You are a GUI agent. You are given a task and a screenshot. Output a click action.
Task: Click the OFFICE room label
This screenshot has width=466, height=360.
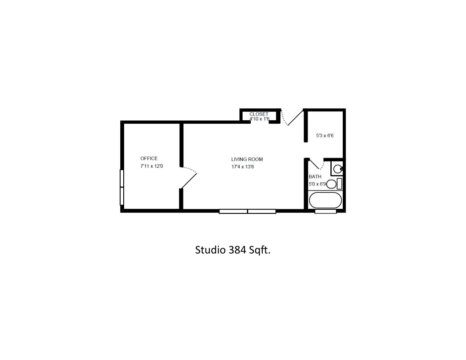[x=149, y=159]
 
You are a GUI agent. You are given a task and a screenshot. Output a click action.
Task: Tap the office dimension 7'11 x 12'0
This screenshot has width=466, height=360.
[x=152, y=166]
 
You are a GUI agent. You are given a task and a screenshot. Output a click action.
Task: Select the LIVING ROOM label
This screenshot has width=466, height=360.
[x=247, y=160]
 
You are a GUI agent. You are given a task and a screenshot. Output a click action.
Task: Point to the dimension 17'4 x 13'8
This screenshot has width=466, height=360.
[x=242, y=167]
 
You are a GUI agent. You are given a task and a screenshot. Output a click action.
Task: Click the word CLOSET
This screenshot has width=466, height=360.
[x=259, y=114]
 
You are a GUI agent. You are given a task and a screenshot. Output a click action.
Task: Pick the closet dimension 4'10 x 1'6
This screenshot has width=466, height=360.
[x=259, y=119]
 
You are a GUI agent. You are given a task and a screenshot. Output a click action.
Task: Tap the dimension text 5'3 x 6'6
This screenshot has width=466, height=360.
[x=325, y=136]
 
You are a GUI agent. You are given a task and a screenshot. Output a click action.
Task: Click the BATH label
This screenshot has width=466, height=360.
[x=315, y=177]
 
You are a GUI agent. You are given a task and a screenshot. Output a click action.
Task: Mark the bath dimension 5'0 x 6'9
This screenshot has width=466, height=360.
[x=317, y=184]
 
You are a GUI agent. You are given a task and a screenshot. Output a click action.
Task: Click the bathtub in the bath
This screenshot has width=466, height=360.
[x=325, y=200]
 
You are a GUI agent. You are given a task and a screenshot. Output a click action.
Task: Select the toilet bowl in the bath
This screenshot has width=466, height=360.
[x=331, y=184]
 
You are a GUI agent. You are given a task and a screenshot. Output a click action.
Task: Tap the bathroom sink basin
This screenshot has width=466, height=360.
[x=337, y=169]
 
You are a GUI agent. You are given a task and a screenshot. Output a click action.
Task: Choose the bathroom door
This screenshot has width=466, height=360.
[x=315, y=164]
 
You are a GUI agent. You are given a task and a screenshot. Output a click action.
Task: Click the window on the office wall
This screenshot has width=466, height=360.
[x=122, y=187]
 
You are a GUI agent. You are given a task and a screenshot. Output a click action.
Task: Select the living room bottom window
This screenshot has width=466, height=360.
[x=247, y=211]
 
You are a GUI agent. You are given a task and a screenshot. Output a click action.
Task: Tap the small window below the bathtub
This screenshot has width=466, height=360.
[x=325, y=211]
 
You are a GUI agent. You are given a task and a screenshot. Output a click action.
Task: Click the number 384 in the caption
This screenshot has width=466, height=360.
[x=238, y=250]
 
